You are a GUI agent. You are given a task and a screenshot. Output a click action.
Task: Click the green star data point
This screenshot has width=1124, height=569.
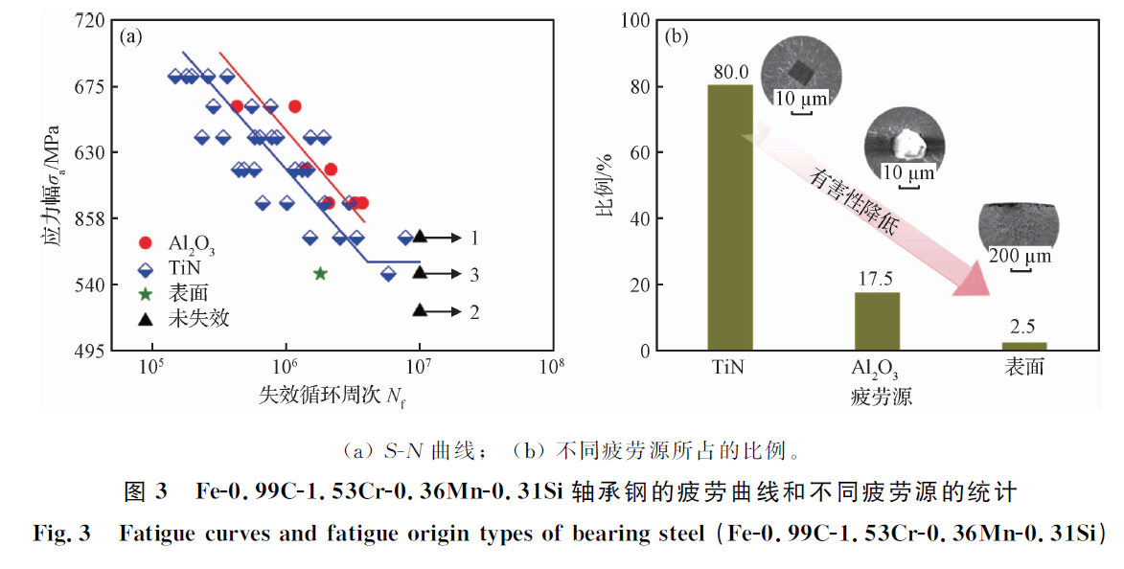320,273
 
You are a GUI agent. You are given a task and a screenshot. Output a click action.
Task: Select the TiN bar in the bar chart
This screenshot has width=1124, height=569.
729,217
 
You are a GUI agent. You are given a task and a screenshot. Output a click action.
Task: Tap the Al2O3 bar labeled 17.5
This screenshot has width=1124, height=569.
877,321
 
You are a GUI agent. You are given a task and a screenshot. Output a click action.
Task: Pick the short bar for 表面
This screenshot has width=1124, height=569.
1023,346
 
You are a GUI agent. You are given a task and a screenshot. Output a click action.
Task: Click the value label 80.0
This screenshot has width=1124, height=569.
729,72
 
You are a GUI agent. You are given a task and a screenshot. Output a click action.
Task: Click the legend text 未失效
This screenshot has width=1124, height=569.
198,318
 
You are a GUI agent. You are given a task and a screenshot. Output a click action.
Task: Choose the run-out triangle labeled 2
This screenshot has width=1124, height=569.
420,310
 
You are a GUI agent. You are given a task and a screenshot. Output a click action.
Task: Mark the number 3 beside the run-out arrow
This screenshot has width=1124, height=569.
474,274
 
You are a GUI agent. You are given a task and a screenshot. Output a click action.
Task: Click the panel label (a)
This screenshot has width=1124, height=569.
130,37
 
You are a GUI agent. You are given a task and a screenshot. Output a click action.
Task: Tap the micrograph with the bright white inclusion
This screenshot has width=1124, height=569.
904,144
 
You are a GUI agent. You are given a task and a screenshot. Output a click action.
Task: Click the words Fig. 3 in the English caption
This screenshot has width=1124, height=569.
61,534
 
